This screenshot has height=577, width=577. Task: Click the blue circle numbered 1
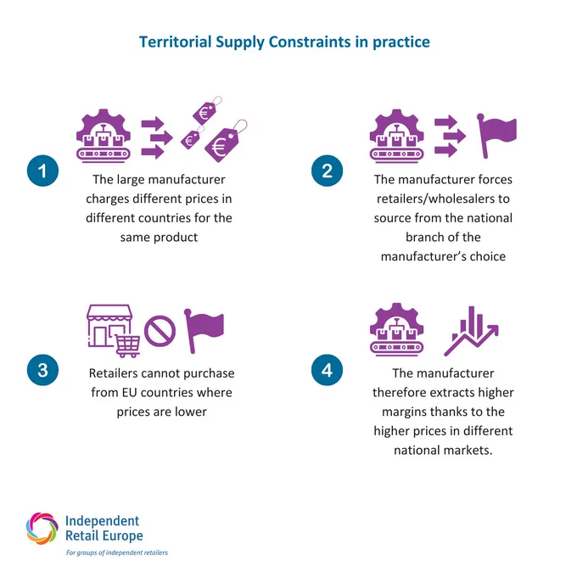(42, 171)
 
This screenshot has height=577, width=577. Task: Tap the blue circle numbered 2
(327, 171)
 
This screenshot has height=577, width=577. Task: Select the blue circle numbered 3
(42, 370)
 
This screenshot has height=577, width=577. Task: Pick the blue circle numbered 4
(327, 370)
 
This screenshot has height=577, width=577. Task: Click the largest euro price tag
(222, 143)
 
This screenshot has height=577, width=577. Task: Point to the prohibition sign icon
(160, 331)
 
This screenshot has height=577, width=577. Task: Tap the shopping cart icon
(127, 346)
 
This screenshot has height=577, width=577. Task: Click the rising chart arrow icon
(471, 331)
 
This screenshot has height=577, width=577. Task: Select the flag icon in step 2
(496, 136)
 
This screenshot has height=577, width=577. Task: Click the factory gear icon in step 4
(397, 329)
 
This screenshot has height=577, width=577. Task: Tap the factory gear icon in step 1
(104, 136)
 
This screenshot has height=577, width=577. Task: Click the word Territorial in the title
(175, 42)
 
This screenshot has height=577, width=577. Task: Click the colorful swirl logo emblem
(42, 529)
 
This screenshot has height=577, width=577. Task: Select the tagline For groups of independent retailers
(116, 552)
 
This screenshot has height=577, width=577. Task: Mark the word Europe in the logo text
(123, 536)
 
